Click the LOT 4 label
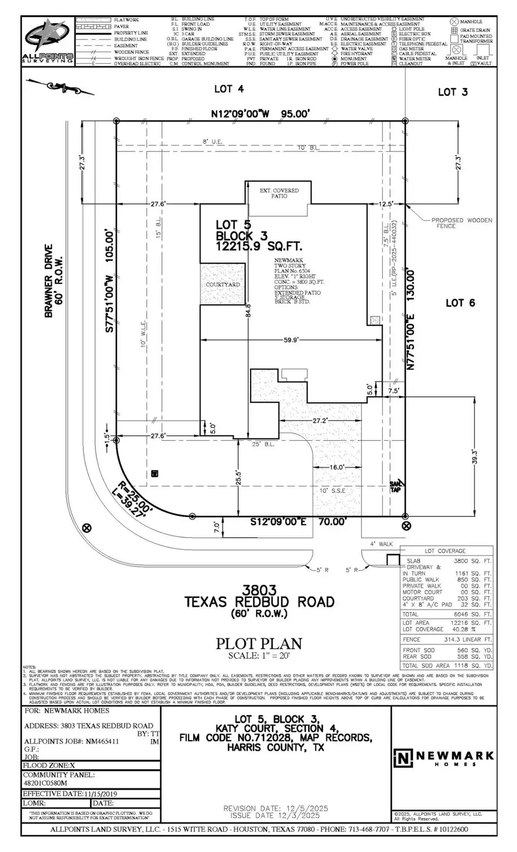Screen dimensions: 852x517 click(229, 89)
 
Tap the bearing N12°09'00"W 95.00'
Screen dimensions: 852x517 click(260, 114)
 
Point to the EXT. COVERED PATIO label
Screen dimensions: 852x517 click(280, 192)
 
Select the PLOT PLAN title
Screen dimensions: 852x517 click(258, 643)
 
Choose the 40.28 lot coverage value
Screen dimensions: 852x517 click(470, 629)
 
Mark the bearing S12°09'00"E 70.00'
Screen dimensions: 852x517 click(299, 522)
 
